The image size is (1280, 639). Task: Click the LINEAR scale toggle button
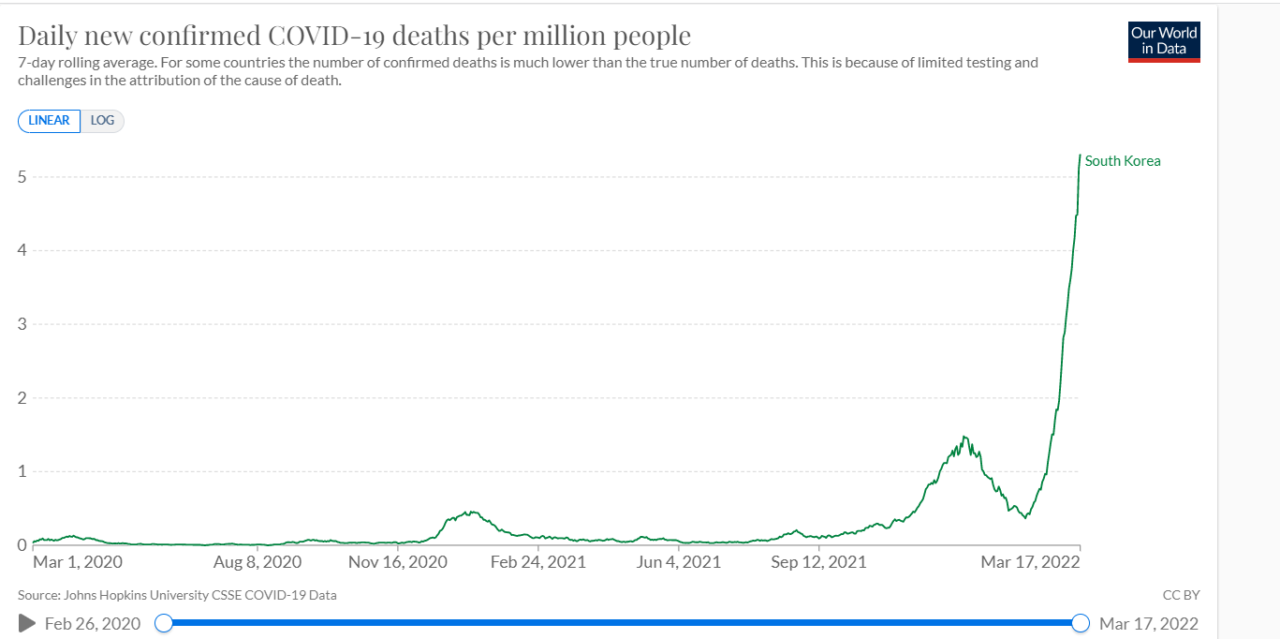click(x=49, y=121)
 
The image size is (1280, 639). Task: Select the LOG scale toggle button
click(x=102, y=121)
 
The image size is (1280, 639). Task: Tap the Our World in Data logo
click(x=1164, y=40)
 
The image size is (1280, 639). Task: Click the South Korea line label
click(x=1122, y=161)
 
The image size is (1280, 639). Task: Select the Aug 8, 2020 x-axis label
click(x=257, y=562)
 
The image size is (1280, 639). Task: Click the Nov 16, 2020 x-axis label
click(x=397, y=562)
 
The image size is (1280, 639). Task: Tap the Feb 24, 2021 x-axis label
click(x=537, y=562)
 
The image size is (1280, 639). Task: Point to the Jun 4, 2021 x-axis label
click(x=680, y=562)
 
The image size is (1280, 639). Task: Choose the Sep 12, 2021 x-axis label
click(x=818, y=562)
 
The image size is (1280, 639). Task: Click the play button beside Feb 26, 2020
click(x=27, y=623)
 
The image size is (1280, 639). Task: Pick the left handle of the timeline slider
click(x=164, y=623)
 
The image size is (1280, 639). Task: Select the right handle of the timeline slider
click(x=1081, y=623)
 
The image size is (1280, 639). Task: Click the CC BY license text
click(x=1181, y=595)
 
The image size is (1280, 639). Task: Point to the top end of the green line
click(x=1081, y=156)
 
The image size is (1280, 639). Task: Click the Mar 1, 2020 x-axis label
click(x=78, y=562)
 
